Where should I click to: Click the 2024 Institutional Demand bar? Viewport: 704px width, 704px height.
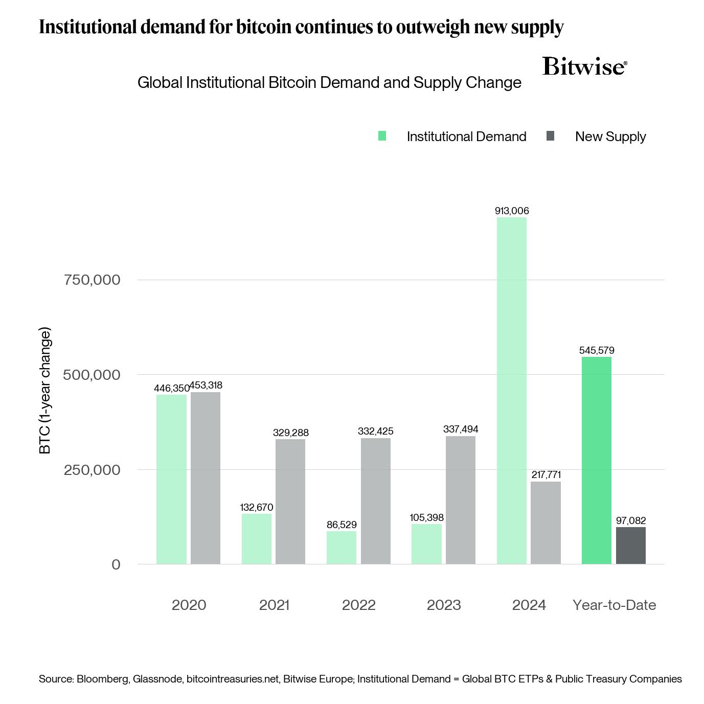511,391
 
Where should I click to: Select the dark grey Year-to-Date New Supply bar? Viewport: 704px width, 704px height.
630,546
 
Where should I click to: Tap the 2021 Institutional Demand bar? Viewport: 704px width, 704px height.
257,539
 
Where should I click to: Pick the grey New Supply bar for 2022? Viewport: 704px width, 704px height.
375,501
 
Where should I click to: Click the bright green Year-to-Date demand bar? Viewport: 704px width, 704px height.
596,460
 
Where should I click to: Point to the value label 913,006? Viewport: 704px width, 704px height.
511,211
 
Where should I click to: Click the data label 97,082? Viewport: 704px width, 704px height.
630,520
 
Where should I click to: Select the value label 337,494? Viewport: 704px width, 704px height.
461,429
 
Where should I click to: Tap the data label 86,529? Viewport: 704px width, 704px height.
342,525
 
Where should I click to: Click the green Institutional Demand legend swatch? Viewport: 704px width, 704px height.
382,136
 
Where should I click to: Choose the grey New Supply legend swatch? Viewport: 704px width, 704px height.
550,136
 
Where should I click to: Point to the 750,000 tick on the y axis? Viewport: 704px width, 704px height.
92,280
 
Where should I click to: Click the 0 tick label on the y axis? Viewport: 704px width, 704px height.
116,564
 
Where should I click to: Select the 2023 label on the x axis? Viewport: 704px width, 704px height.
444,605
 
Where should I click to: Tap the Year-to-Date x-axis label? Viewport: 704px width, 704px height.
614,605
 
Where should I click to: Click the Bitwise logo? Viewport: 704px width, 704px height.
584,66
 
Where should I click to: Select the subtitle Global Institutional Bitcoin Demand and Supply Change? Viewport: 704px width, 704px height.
329,82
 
